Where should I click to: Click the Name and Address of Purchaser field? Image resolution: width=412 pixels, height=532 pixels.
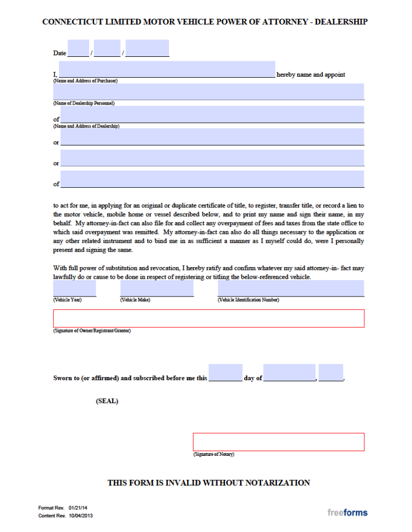tap(167, 70)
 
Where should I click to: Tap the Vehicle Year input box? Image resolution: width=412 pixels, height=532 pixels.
tap(75, 289)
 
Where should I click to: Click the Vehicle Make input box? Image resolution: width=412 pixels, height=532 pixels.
tap(157, 289)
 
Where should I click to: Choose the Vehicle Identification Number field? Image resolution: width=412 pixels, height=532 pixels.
tap(291, 289)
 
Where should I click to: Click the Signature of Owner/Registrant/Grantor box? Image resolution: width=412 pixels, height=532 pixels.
tap(209, 318)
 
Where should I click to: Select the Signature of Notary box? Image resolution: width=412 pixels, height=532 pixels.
tap(278, 442)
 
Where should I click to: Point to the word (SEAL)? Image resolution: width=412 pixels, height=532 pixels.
tap(107, 401)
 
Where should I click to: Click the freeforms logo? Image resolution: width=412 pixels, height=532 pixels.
tap(348, 513)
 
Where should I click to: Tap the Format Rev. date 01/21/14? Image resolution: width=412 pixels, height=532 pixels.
tap(79, 507)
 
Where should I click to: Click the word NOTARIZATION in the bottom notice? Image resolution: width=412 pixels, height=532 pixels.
tap(277, 483)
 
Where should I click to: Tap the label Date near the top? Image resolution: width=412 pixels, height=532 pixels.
tap(60, 53)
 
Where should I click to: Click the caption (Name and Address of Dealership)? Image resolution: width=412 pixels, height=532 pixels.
tap(86, 126)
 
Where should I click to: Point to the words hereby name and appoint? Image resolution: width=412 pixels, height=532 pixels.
tap(311, 75)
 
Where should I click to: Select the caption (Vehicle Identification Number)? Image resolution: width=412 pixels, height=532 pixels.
tap(248, 300)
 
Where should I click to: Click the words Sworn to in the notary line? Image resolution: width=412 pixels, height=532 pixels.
tap(66, 378)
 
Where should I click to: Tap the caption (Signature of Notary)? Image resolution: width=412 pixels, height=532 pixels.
tap(214, 455)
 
